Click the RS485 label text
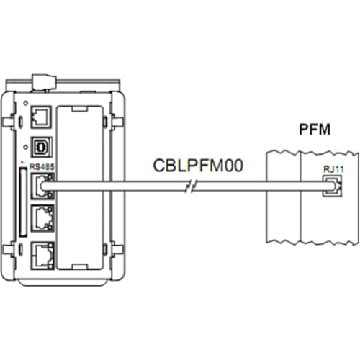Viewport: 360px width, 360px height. (42, 167)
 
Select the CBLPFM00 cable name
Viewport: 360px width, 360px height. (198, 166)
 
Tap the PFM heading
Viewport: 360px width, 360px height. (315, 130)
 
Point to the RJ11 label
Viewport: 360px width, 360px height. (333, 169)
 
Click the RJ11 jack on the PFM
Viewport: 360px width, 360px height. (332, 186)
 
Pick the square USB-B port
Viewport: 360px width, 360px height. (41, 147)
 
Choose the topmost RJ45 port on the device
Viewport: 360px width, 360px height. (41, 117)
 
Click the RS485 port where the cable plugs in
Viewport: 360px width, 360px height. (43, 186)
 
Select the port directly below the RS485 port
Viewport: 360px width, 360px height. (43, 218)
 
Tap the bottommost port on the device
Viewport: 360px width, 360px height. (43, 255)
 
